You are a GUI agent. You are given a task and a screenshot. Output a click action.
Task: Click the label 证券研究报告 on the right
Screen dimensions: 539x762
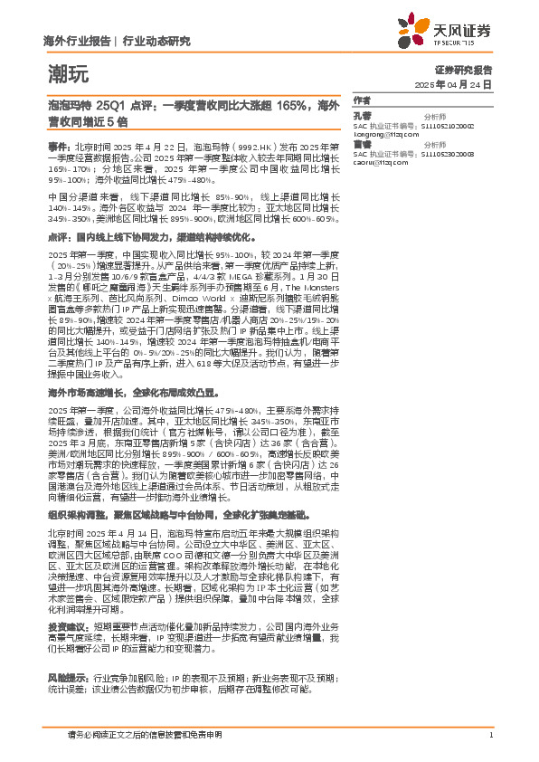point(464,69)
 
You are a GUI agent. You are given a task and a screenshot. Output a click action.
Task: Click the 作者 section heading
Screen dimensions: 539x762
point(362,100)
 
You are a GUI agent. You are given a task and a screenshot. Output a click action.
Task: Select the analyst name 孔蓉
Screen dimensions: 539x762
point(363,117)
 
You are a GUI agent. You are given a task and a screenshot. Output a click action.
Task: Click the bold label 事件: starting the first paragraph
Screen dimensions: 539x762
point(58,145)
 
